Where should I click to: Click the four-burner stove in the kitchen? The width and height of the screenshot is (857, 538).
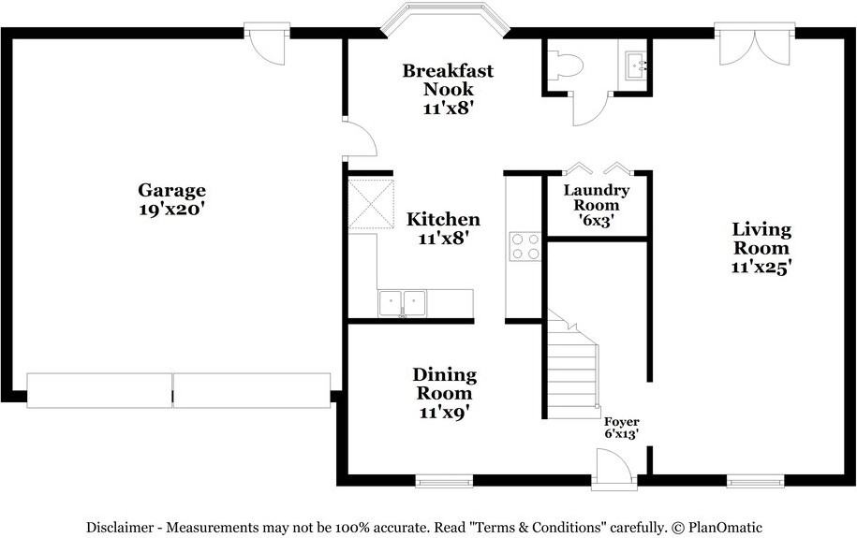525,246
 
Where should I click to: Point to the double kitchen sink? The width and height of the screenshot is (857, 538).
402,304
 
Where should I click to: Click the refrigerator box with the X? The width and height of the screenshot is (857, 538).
371,203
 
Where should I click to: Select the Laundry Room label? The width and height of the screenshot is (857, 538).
597,197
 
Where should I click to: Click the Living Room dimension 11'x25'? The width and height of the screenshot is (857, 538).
761,267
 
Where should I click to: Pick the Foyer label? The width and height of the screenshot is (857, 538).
621,422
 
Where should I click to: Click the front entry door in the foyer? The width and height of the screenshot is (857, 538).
613,468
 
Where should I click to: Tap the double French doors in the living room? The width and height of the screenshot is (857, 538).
754,44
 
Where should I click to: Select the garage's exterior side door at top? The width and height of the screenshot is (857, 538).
266,43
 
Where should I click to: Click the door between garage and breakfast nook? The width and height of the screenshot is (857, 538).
360,138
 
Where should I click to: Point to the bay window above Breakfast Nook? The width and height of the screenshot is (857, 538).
445,19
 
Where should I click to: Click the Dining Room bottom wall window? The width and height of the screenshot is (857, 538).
444,481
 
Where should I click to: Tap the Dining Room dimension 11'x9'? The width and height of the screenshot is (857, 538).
445,413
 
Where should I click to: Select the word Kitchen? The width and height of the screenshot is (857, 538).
443,219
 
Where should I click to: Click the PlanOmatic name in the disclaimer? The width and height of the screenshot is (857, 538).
725,528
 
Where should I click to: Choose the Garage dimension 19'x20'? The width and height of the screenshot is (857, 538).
171,210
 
